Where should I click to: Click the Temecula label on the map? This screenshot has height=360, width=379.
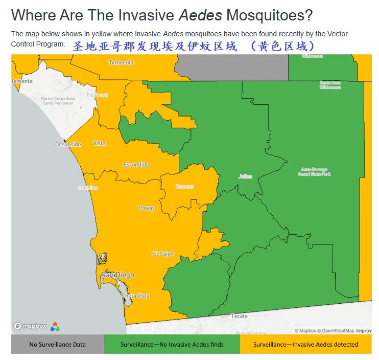point(121,62)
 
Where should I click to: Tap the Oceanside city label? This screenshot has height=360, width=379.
point(68,144)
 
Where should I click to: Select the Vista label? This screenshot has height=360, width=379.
point(99,143)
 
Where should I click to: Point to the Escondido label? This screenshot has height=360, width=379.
point(136,165)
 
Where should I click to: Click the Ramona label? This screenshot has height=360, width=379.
point(184,186)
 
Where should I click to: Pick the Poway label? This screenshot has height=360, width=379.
point(147,208)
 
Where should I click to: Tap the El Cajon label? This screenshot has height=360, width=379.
point(163,254)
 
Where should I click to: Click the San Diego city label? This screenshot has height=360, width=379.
point(117,275)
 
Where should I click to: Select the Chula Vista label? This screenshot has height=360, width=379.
point(136,296)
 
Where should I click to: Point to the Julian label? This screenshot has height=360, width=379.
point(245,176)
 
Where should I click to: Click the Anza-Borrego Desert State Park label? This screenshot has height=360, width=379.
point(314,172)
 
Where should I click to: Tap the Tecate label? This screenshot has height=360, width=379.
point(240,316)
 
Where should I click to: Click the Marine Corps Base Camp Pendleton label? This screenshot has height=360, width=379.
point(58,101)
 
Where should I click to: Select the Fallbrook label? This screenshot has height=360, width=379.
point(98,95)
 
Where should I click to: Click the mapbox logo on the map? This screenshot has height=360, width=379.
point(30,326)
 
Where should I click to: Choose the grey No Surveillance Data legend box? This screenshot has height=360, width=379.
point(57,344)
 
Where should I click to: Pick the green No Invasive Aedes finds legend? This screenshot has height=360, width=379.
point(172,344)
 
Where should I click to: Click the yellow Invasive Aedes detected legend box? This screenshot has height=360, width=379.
point(305,344)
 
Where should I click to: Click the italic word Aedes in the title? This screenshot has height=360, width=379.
point(200,15)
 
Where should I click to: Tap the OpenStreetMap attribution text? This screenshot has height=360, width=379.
point(337,331)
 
